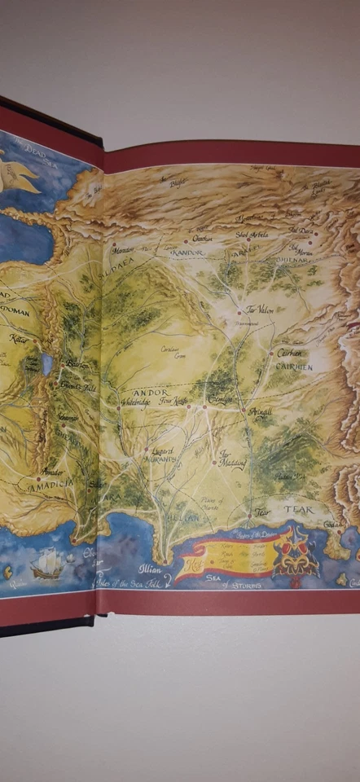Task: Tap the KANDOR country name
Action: [187, 253]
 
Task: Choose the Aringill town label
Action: [260, 413]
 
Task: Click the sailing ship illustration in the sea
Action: [46, 562]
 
